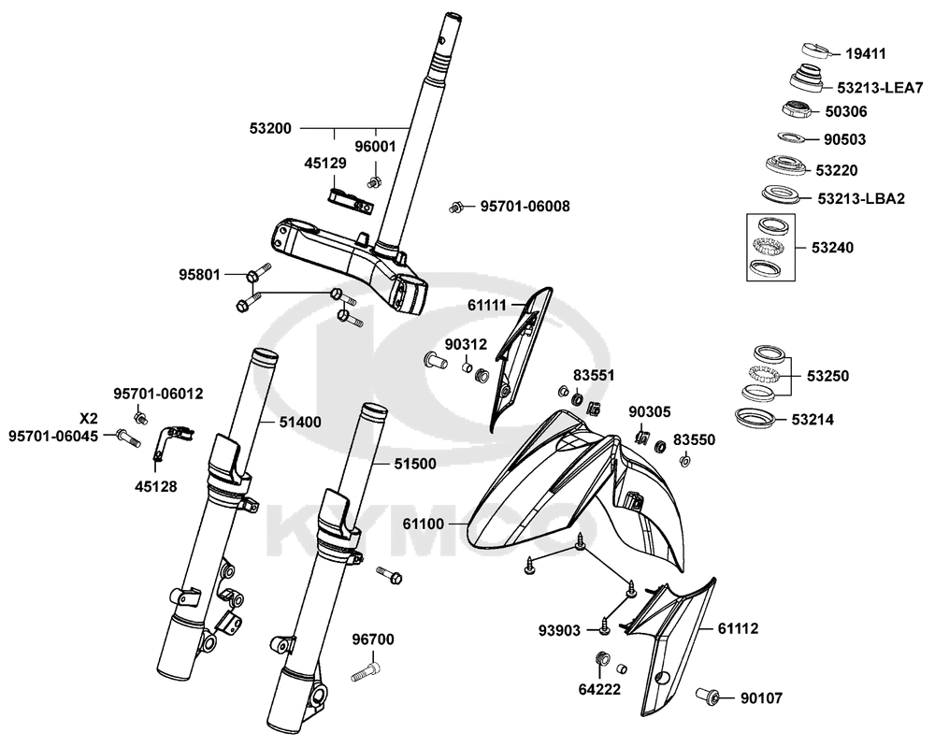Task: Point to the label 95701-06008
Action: click(x=525, y=206)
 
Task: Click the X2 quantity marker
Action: click(x=89, y=417)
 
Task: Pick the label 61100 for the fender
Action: click(x=423, y=524)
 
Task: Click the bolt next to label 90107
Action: click(x=708, y=696)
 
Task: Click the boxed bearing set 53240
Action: click(x=770, y=247)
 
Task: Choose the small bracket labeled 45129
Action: click(x=352, y=198)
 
